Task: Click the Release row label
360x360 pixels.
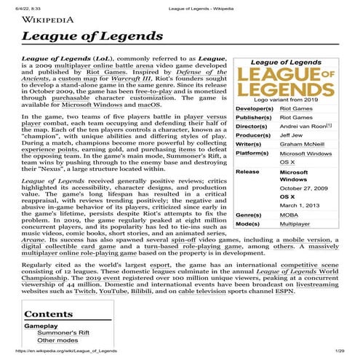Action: [248, 172]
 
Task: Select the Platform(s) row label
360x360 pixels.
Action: [253, 153]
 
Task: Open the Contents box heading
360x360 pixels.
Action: [48, 314]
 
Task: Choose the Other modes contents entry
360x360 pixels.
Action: [58, 340]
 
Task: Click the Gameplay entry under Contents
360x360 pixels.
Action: [41, 326]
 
